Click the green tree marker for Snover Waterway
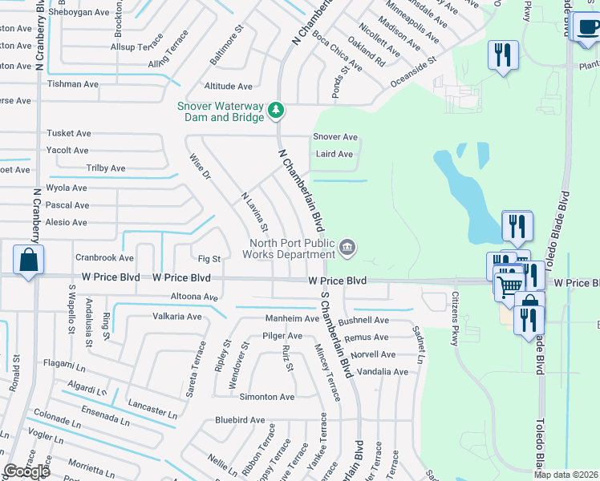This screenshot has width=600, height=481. (x=275, y=109)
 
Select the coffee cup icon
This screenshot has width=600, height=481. (x=589, y=28)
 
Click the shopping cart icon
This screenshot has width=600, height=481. (x=508, y=285)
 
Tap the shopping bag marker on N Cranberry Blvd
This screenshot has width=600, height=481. (x=28, y=260)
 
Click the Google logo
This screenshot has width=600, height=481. (x=26, y=471)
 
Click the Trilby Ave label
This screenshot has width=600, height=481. (x=106, y=168)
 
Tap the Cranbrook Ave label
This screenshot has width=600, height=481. (x=104, y=258)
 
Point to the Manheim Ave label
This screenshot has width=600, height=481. (x=287, y=318)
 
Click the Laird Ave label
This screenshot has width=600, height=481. (x=334, y=154)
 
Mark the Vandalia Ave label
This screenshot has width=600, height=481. (x=383, y=372)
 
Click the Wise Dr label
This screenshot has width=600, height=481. (x=200, y=168)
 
